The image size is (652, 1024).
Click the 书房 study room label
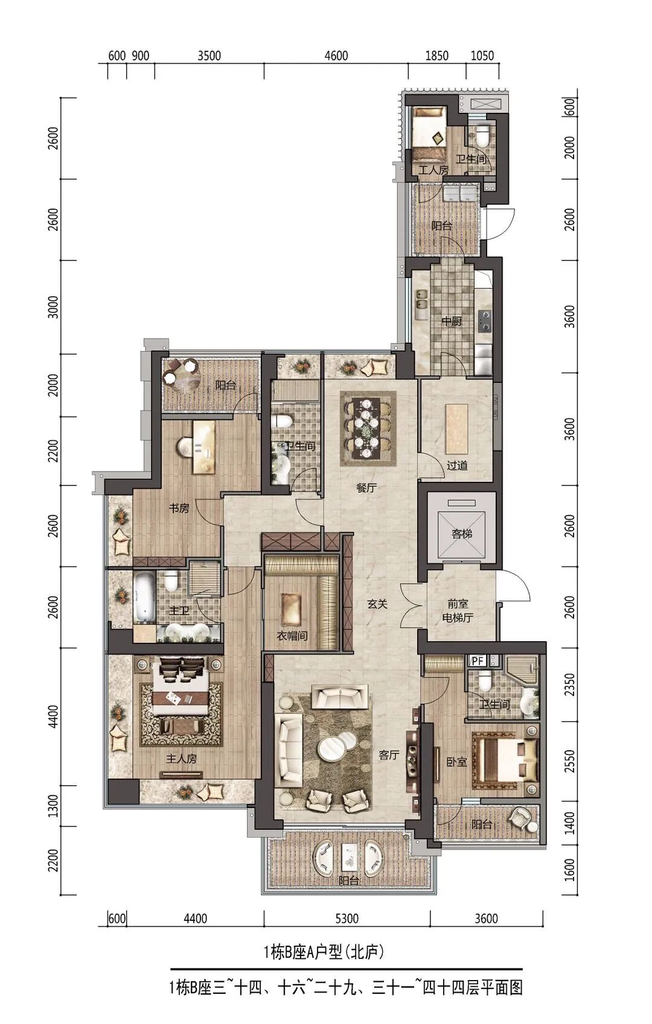tap(179, 508)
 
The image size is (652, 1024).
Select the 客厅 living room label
tap(389, 755)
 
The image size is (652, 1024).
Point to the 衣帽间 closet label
tap(292, 636)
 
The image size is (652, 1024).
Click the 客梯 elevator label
tap(462, 534)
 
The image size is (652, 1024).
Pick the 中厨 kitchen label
tap(451, 321)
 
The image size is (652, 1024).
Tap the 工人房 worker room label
tap(433, 170)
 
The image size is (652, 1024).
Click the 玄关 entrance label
tap(377, 604)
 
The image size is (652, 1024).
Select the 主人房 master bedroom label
tap(181, 759)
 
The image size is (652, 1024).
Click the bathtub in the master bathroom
tap(144, 596)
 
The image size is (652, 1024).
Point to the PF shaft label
tap(478, 660)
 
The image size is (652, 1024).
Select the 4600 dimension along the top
tap(336, 55)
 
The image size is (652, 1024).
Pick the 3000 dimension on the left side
tap(54, 307)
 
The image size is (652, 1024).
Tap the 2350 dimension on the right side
tap(569, 684)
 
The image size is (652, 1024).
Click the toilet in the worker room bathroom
tap(482, 137)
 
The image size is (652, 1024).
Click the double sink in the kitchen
tap(421, 299)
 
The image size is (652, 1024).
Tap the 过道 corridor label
tap(457, 466)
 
